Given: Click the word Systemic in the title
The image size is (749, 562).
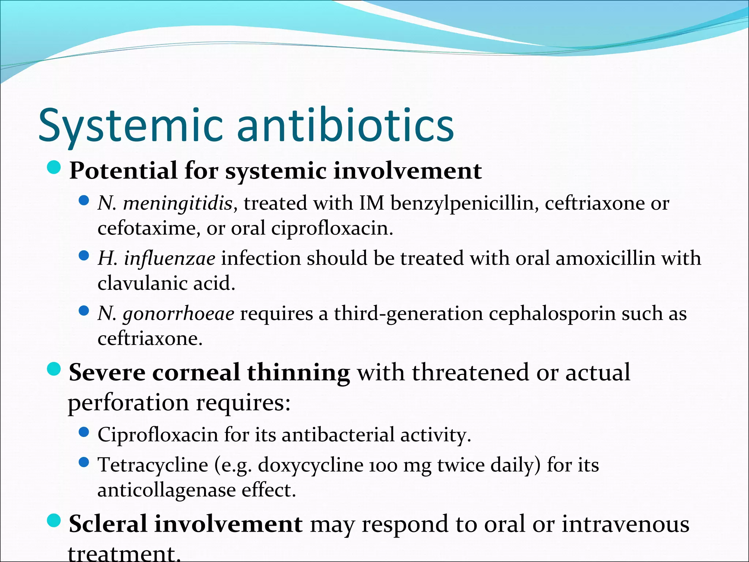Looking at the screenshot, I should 130,125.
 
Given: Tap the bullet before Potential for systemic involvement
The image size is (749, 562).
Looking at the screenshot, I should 54,168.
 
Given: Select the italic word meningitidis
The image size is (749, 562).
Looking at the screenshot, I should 178,203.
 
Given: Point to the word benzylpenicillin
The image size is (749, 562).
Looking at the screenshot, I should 464,203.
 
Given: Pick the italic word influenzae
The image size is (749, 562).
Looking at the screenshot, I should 170,258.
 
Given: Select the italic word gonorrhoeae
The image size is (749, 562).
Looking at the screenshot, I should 178,314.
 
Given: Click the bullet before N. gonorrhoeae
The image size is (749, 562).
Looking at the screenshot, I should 84,311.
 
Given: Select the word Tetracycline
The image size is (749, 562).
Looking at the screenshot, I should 153,465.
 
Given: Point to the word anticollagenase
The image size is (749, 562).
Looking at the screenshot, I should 166,490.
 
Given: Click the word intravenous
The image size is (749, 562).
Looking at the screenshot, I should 625,524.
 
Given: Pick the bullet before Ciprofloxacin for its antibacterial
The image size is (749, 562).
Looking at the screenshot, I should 84,432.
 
